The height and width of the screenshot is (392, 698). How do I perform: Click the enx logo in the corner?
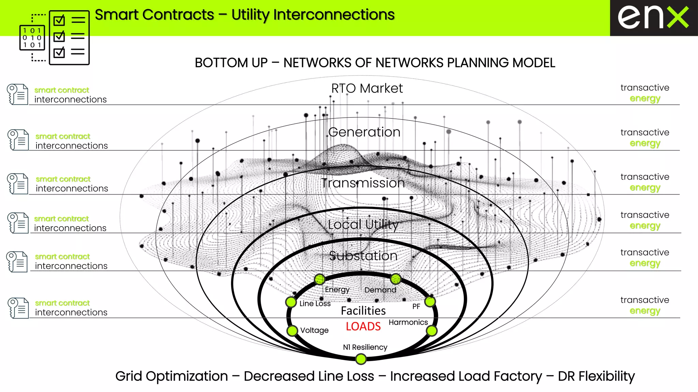(x=653, y=18)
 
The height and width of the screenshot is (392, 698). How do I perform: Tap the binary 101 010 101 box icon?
(x=32, y=38)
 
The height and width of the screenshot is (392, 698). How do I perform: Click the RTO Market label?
(x=367, y=88)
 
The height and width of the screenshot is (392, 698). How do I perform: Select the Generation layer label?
(x=364, y=132)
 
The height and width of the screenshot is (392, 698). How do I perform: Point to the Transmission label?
(x=363, y=183)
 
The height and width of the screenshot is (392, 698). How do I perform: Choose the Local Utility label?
(x=363, y=225)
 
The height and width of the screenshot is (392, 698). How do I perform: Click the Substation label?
(x=363, y=256)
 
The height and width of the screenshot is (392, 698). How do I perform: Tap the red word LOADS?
(x=363, y=326)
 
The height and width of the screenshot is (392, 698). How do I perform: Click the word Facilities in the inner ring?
(x=363, y=311)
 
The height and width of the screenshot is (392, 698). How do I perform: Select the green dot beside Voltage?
(x=292, y=330)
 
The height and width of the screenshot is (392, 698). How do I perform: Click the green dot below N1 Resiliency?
(x=361, y=359)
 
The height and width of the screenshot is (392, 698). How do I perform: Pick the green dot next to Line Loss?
(x=291, y=302)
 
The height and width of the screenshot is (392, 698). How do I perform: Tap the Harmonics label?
(x=408, y=322)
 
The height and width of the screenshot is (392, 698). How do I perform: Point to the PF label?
(x=416, y=306)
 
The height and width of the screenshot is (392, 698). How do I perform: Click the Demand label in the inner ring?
(x=380, y=290)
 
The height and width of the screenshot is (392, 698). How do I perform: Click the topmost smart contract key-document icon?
(x=17, y=94)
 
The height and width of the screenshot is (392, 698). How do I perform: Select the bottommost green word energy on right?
(x=645, y=311)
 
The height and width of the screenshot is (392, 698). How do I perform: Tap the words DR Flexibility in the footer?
(x=596, y=376)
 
